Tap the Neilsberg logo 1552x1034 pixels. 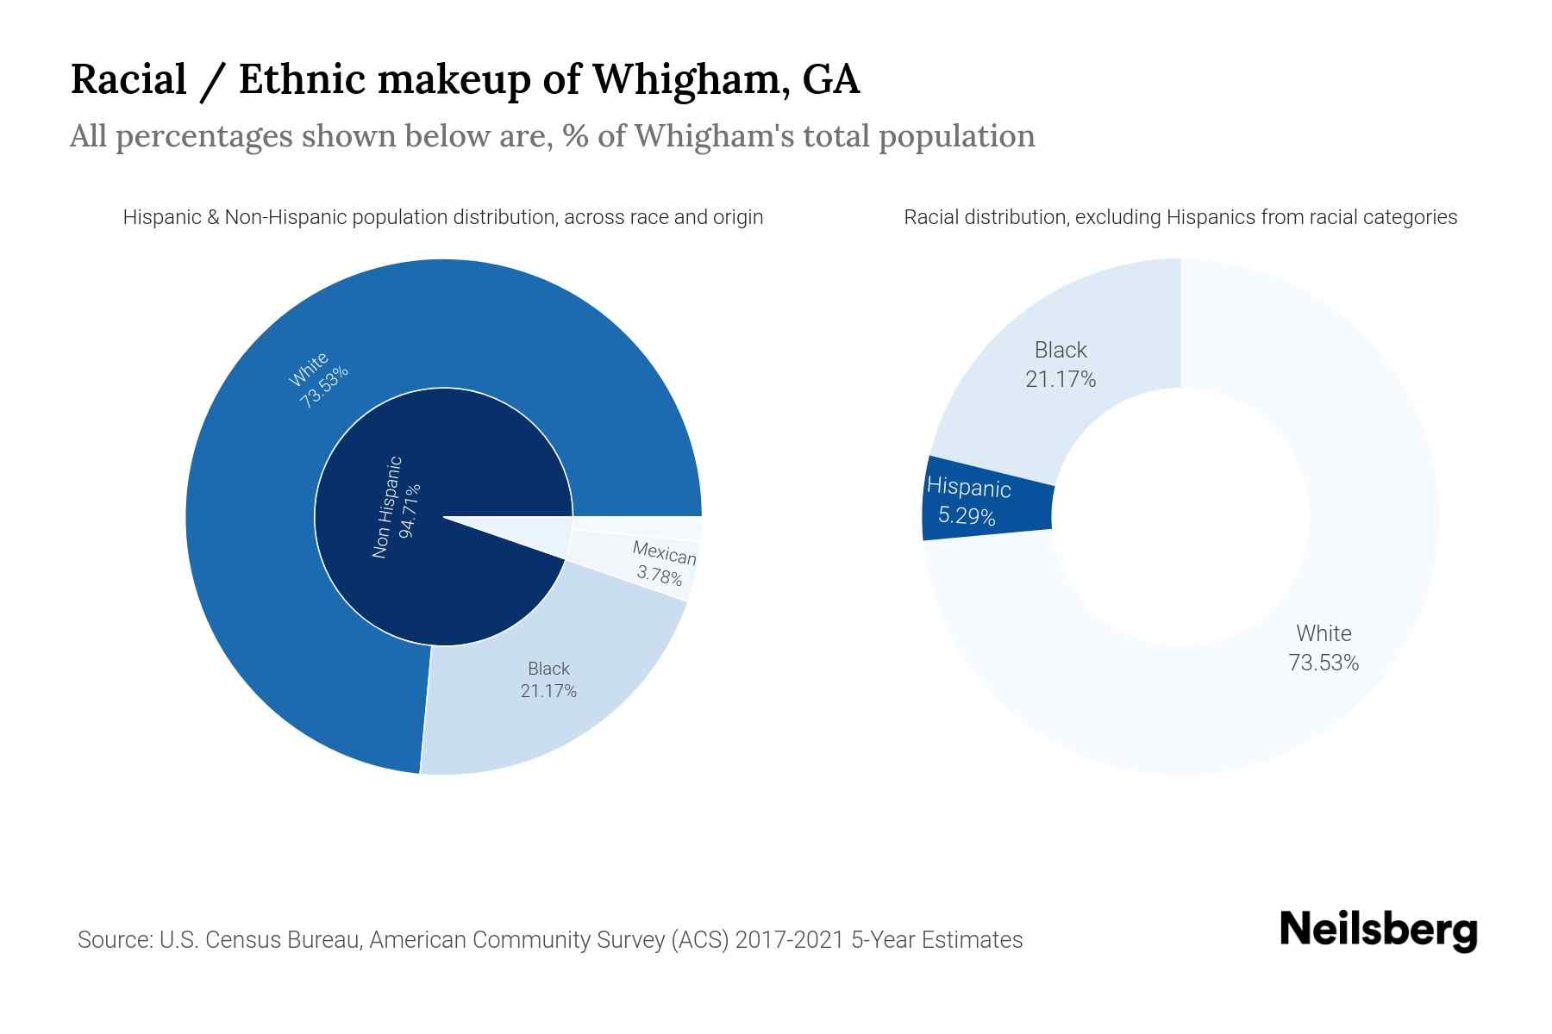click(1378, 931)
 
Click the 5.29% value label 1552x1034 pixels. click(967, 517)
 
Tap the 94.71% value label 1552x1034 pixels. click(411, 510)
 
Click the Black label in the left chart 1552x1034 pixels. click(548, 669)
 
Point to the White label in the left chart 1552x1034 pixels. click(308, 370)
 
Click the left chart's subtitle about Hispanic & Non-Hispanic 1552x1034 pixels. click(442, 217)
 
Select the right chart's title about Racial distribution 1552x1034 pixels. click(1180, 217)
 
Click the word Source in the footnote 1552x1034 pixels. click(113, 940)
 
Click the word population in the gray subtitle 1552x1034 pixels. click(956, 136)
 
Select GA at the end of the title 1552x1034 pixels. click(831, 79)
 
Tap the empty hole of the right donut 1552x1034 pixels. click(1180, 517)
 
